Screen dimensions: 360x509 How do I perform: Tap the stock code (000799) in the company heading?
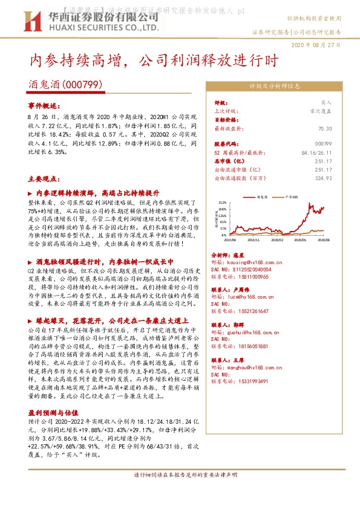(82, 85)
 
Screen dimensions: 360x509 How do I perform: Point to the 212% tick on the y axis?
(222, 203)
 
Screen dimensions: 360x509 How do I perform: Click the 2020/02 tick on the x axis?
(277, 240)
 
